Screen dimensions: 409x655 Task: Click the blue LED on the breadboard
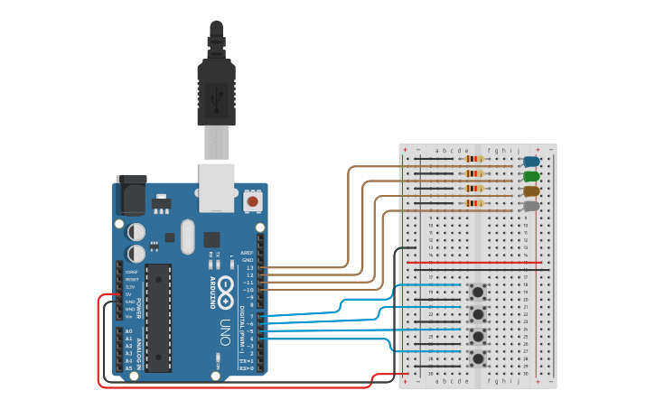tap(531, 161)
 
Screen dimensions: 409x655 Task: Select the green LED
tap(531, 176)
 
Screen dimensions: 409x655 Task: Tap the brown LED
tap(531, 191)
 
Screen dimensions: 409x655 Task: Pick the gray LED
tap(531, 206)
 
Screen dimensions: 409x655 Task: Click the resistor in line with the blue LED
tap(473, 160)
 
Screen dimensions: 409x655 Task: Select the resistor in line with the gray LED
tap(473, 204)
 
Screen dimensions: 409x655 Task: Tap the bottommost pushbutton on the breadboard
tap(476, 358)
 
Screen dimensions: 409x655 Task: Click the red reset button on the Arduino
tap(253, 200)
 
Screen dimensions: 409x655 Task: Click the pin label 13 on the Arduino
tap(250, 268)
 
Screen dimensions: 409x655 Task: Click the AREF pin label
tap(248, 254)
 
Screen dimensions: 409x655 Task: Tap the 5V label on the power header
tap(129, 294)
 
